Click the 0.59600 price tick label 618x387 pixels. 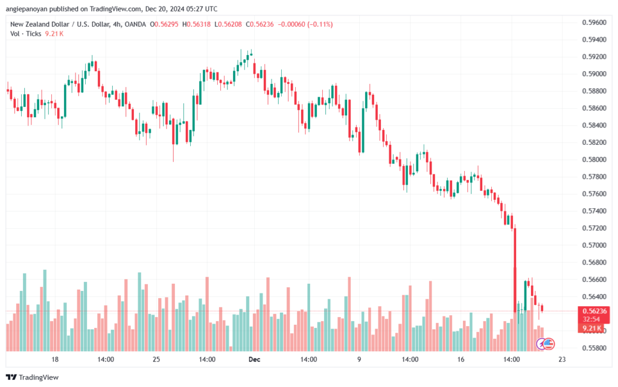[x=594, y=22]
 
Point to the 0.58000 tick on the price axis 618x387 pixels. [x=594, y=159]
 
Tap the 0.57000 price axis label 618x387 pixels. [x=594, y=245]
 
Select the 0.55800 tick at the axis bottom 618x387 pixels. [x=594, y=348]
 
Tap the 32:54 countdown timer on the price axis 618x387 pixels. [x=591, y=319]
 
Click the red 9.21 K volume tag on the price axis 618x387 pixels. [x=591, y=328]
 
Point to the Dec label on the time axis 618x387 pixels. [x=255, y=359]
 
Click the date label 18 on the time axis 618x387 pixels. [x=55, y=359]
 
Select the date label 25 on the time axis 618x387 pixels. [x=156, y=359]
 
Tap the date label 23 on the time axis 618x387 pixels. [x=562, y=359]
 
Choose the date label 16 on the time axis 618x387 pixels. [x=460, y=359]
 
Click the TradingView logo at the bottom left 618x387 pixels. [x=33, y=377]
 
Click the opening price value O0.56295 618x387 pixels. [x=164, y=24]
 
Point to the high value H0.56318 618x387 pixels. [x=196, y=24]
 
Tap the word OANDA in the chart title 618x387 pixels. [x=135, y=24]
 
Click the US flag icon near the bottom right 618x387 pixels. [x=549, y=344]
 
